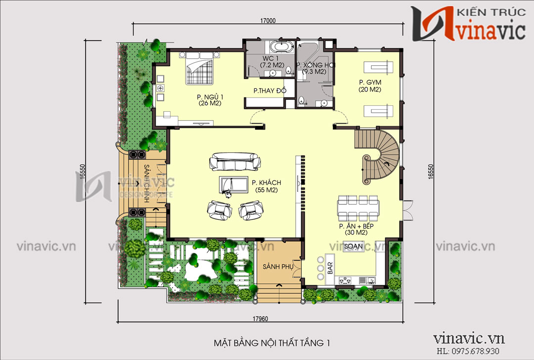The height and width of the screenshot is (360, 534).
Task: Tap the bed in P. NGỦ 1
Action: click(x=201, y=71)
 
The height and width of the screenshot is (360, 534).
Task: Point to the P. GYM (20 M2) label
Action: click(x=368, y=86)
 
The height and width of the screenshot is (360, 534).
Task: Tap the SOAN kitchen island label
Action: click(x=353, y=246)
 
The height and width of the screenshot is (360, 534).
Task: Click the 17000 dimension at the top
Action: click(x=267, y=21)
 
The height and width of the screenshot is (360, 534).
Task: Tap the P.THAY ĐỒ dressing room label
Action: click(x=267, y=91)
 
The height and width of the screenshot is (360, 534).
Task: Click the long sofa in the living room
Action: click(x=235, y=162)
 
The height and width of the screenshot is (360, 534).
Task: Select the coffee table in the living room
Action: click(x=234, y=184)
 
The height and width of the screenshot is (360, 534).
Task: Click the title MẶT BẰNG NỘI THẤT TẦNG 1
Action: click(x=271, y=343)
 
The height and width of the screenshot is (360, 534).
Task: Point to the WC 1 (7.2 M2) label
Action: click(x=272, y=62)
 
